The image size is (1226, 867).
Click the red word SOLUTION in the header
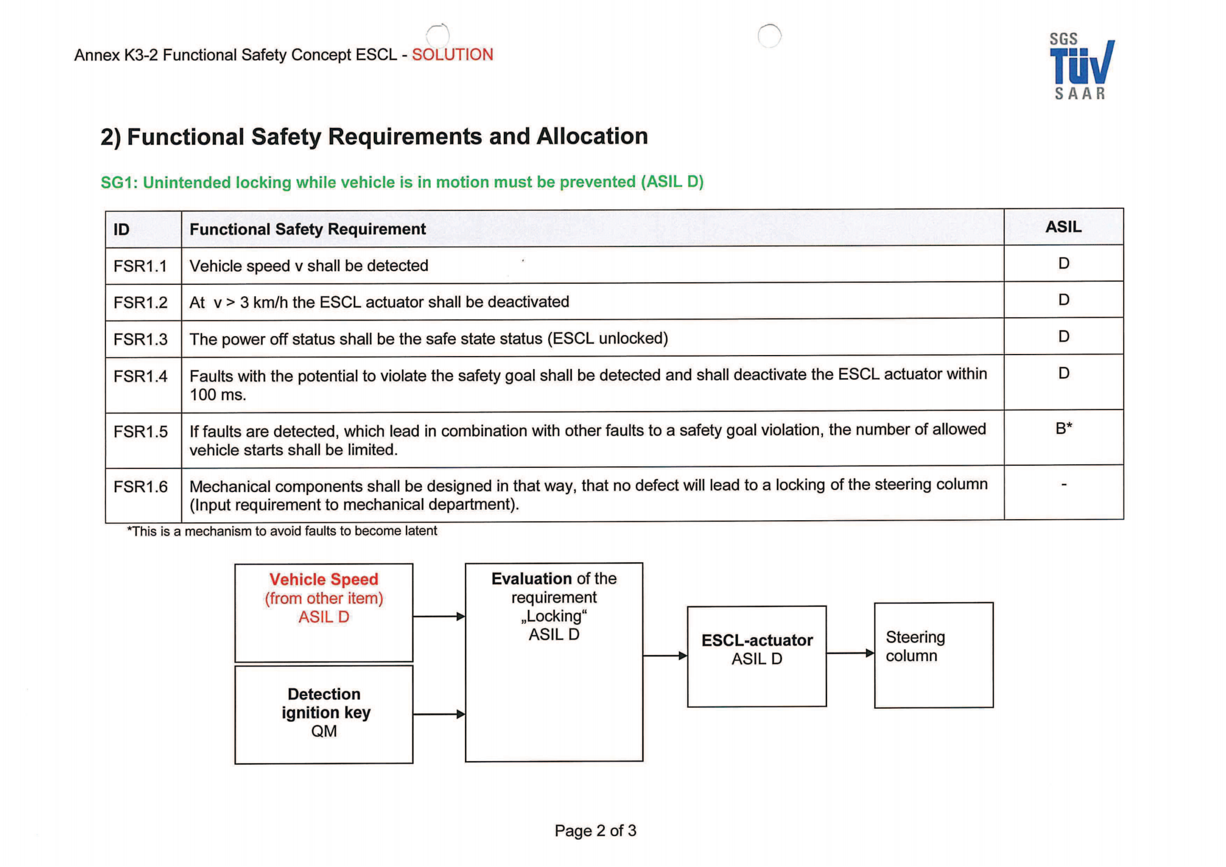click(x=452, y=55)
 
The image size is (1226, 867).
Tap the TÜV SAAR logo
click(x=1081, y=67)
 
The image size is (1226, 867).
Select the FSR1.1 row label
click(x=140, y=266)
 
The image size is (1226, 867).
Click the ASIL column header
click(x=1062, y=227)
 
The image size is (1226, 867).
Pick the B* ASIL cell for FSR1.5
click(x=1063, y=429)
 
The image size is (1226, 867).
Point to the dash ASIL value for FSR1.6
click(x=1063, y=485)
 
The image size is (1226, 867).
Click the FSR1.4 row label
click(x=140, y=377)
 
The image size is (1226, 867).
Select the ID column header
click(x=122, y=230)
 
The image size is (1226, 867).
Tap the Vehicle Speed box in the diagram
click(x=323, y=612)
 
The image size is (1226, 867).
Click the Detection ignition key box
click(x=323, y=714)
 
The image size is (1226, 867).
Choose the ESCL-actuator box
click(x=757, y=656)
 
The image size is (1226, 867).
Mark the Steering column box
click(x=934, y=655)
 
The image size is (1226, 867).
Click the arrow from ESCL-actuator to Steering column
click(x=850, y=653)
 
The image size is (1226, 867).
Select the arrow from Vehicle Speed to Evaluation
click(x=438, y=616)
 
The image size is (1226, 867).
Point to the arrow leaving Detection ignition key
click(x=438, y=714)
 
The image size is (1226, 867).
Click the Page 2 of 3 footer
click(x=595, y=831)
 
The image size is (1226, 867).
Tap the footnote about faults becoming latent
click(x=282, y=531)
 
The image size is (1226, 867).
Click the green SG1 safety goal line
click(x=402, y=182)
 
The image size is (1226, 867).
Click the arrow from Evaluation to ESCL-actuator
click(x=665, y=656)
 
